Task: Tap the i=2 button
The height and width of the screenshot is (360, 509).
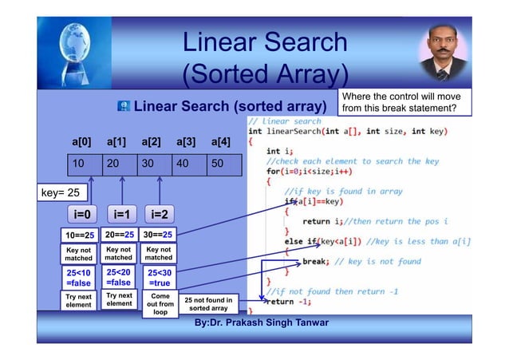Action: (158, 214)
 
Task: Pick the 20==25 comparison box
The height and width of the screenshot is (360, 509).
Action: (119, 235)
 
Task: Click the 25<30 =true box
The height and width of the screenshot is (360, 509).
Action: (158, 277)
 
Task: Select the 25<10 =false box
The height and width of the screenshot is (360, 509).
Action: (79, 277)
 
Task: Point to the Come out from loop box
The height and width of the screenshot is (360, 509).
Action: (160, 304)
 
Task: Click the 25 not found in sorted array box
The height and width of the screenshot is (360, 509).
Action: (208, 304)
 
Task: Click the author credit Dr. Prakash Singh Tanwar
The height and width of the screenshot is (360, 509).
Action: (261, 322)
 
